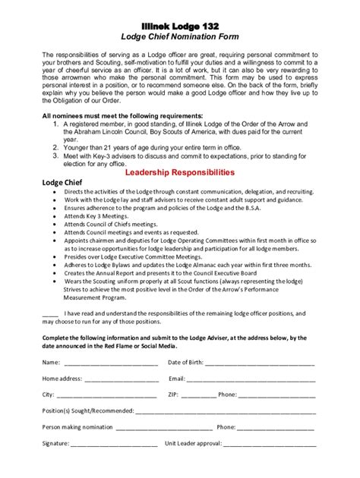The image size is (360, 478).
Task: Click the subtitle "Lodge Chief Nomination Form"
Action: click(180, 36)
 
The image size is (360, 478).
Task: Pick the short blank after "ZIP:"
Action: click(199, 395)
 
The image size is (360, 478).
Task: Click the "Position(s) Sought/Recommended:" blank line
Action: click(226, 412)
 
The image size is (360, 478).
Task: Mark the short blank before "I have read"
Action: click(50, 313)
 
